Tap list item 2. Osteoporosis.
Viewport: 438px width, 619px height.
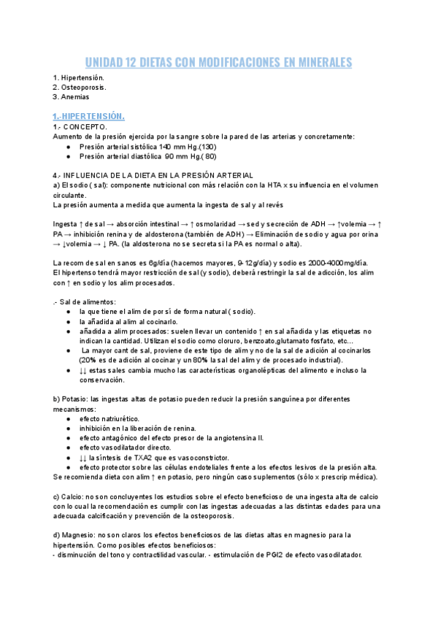(80, 87)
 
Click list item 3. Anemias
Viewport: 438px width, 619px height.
(73, 96)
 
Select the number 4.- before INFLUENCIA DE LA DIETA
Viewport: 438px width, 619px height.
(58, 175)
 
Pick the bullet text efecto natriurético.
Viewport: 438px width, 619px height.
(109, 418)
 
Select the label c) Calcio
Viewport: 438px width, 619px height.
(69, 496)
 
